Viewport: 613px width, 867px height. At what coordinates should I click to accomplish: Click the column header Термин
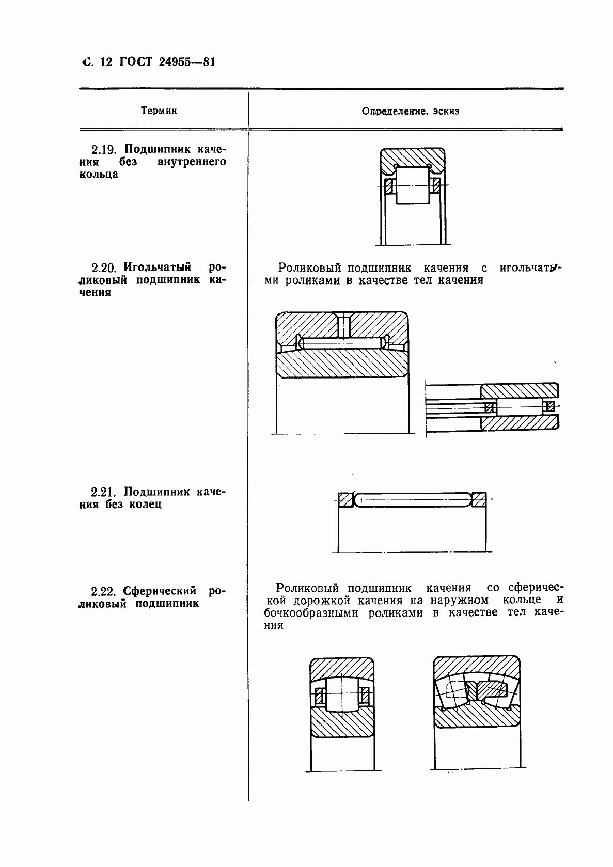point(158,111)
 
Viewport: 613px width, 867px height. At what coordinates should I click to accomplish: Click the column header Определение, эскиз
point(410,111)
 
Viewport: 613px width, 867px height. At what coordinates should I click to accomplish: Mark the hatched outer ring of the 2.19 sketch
point(413,157)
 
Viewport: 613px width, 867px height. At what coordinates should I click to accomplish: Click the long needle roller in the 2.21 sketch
point(412,499)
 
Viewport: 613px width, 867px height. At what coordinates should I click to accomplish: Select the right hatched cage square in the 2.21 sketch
point(479,499)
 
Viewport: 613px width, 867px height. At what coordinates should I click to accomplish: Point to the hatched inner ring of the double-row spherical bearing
point(475,720)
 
